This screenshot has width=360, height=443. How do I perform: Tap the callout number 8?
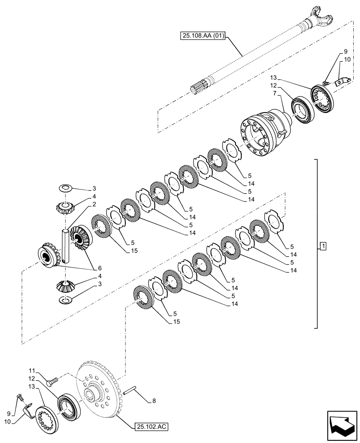pos(153,401)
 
